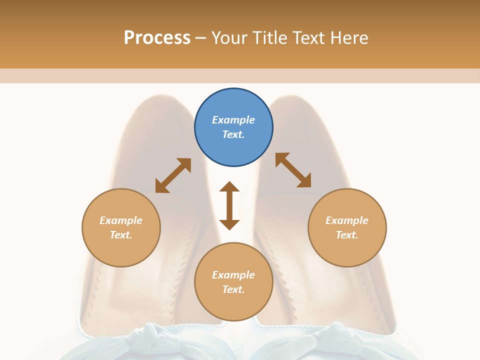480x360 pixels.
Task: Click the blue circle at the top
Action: [x=233, y=127]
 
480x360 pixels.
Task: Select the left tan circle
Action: [x=121, y=227]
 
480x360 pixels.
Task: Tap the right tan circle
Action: [x=347, y=227]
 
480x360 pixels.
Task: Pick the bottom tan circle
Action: [x=233, y=281]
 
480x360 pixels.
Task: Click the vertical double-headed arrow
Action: [x=229, y=205]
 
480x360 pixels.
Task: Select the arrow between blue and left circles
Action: [x=173, y=175]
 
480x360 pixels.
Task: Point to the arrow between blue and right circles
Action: [x=293, y=170]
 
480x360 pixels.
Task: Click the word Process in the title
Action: [x=157, y=37]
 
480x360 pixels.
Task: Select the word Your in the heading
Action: [x=229, y=37]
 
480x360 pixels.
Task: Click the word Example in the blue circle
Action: [x=233, y=120]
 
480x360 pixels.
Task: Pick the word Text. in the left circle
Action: [x=121, y=235]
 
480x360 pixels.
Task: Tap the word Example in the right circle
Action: [x=347, y=220]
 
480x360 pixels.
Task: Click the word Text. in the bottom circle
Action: [x=233, y=289]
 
